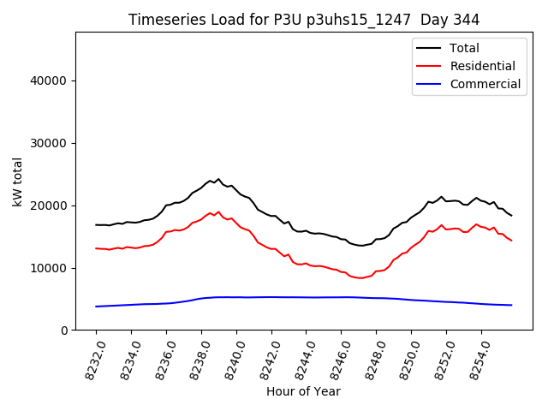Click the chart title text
(x=304, y=20)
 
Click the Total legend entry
(x=464, y=48)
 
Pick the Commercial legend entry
(x=485, y=84)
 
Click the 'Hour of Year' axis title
(x=304, y=391)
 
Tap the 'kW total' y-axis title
(x=18, y=182)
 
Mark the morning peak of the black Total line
(x=218, y=179)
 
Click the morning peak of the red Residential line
(x=218, y=211)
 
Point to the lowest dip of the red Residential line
(x=360, y=278)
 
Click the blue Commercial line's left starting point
(x=96, y=307)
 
